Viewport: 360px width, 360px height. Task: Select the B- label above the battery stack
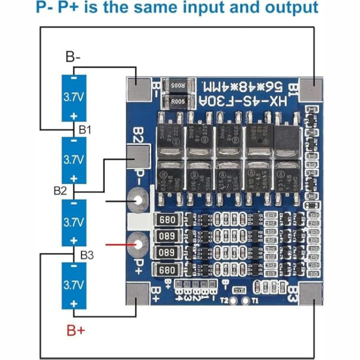[x=73, y=57]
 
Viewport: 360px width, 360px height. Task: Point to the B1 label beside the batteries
[x=85, y=130]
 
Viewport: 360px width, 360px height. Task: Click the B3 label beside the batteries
[x=86, y=254]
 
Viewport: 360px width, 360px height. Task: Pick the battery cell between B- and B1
[x=74, y=98]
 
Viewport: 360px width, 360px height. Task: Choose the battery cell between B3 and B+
[x=74, y=285]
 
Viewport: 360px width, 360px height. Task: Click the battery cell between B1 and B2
[x=74, y=160]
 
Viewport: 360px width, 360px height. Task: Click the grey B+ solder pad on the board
[x=136, y=294]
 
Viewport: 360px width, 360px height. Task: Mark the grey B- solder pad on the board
[x=137, y=88]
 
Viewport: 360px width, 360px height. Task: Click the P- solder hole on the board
[x=139, y=202]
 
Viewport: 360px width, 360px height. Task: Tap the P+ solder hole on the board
[x=139, y=244]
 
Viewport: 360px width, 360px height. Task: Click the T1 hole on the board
[x=245, y=302]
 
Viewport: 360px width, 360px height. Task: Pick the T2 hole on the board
[x=233, y=302]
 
